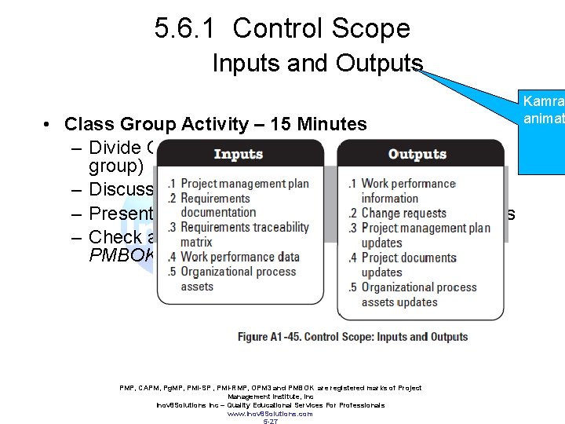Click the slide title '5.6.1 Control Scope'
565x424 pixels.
[x=282, y=29]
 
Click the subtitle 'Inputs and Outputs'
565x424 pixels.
[x=317, y=64]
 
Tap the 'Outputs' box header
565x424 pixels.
[x=417, y=155]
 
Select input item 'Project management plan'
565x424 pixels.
[x=244, y=184]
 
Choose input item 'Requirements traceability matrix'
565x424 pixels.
[x=244, y=235]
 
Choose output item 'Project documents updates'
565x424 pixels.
[x=406, y=265]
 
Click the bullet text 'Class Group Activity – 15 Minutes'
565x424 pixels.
[x=216, y=124]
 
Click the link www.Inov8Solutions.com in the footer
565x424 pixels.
[x=269, y=413]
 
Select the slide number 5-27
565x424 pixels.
[x=269, y=421]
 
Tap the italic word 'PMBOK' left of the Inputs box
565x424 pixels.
[x=122, y=256]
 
